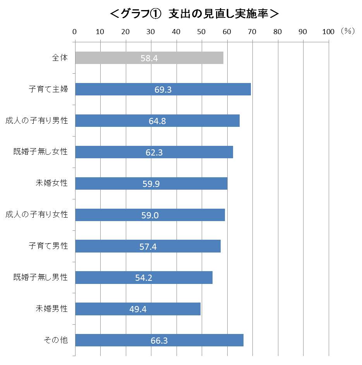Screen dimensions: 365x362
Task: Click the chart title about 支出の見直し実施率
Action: (x=194, y=14)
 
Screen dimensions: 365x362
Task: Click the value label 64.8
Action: (x=157, y=121)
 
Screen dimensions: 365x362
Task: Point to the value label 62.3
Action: (x=154, y=152)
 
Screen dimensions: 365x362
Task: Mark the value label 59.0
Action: (x=150, y=215)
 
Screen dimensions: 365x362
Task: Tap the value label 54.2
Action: (x=144, y=278)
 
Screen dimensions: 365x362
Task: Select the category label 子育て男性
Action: (x=48, y=246)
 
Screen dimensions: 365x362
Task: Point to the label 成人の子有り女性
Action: (x=37, y=215)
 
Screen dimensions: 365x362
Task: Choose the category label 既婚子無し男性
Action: (x=40, y=277)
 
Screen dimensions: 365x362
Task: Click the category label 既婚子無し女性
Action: (x=40, y=152)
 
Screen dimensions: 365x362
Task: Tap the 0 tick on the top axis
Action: (x=75, y=32)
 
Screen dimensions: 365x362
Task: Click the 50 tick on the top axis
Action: (x=201, y=32)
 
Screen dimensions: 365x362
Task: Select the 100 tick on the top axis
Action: (x=328, y=32)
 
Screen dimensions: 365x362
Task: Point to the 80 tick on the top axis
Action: (x=277, y=32)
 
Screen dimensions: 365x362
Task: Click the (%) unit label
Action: (x=348, y=31)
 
